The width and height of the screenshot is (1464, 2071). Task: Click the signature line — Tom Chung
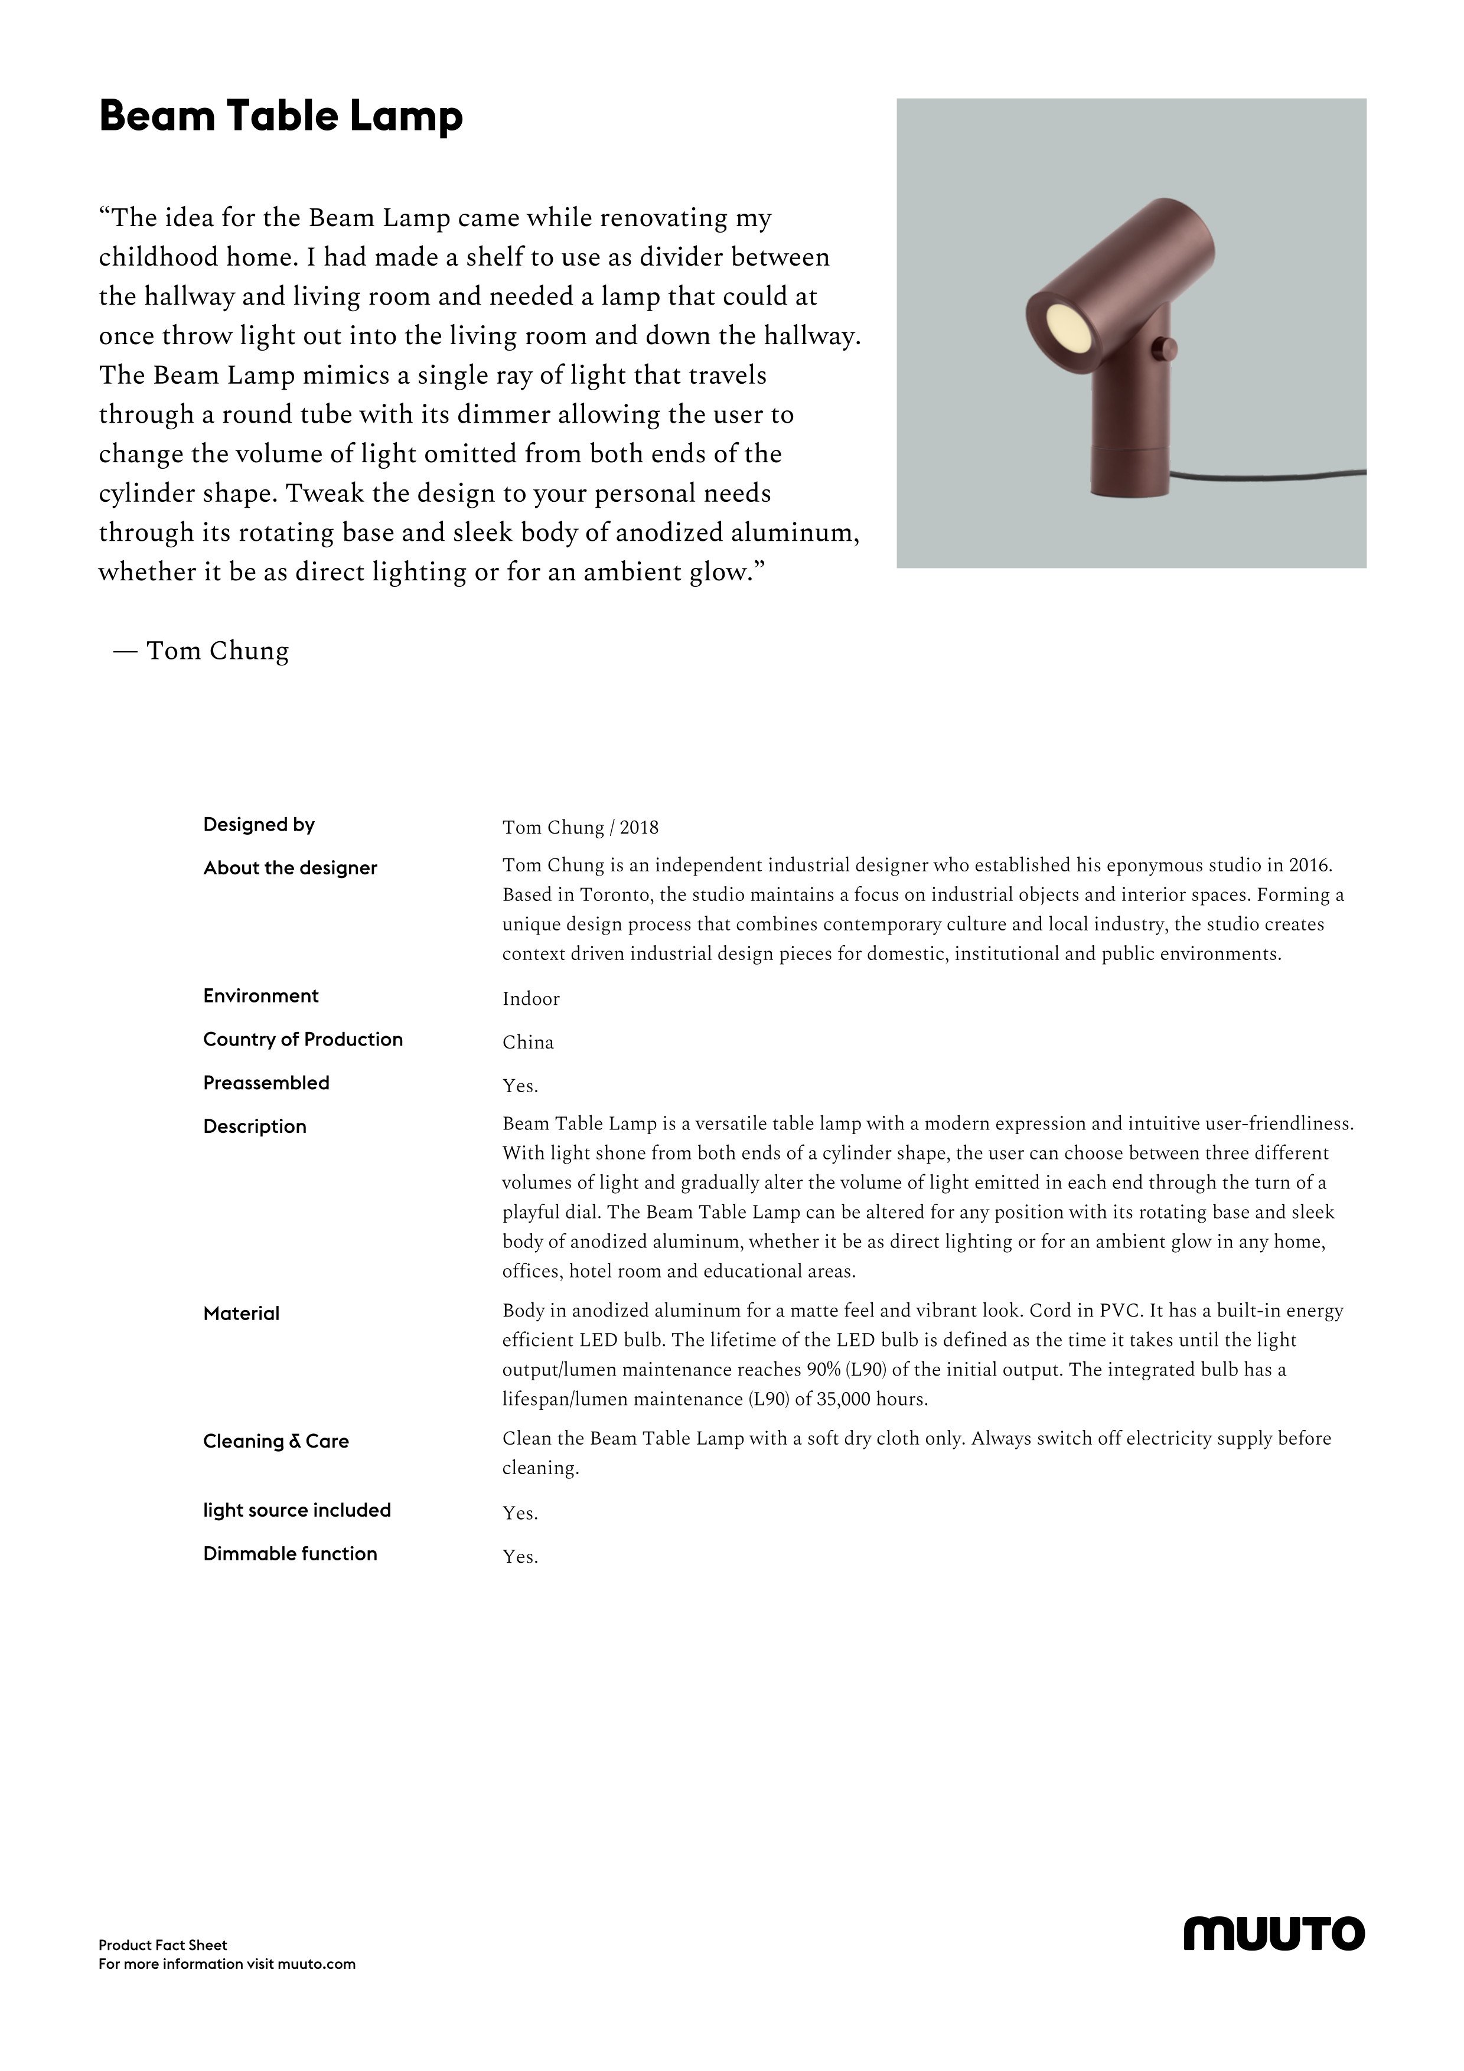point(201,651)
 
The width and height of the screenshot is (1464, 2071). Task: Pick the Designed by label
point(259,824)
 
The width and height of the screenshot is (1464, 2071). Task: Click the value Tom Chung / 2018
point(580,827)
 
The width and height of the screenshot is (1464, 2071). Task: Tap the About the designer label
point(289,868)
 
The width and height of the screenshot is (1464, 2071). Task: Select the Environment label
point(260,996)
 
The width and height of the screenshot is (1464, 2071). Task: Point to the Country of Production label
point(302,1039)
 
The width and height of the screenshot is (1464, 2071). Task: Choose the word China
point(528,1042)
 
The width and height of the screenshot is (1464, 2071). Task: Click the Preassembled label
point(266,1082)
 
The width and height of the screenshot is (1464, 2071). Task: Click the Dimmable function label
point(289,1553)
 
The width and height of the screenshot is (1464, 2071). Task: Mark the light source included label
point(297,1510)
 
